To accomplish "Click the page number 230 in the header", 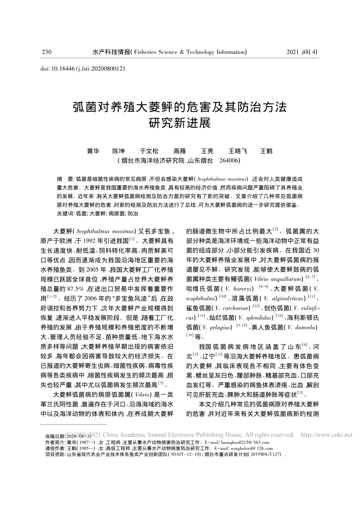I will pos(47,52).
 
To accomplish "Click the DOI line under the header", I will pos(83,69).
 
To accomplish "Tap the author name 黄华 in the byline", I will pos(93,151).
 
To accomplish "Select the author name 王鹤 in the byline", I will pos(266,151).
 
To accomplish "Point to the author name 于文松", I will pos(149,151).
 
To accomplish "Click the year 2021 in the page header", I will pos(294,52).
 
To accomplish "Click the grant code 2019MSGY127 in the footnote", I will pos(262,455).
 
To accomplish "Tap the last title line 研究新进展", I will pos(180,122).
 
